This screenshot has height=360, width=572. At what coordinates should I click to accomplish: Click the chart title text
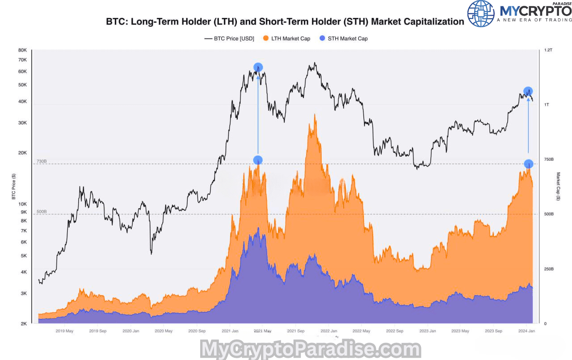tap(285, 21)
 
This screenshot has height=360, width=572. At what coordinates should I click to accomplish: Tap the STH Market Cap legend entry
tap(347, 38)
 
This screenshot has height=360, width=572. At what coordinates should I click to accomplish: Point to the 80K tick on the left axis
tap(23, 50)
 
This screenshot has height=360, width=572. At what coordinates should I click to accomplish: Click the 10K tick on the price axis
tap(23, 204)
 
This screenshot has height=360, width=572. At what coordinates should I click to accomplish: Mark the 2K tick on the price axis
tap(24, 323)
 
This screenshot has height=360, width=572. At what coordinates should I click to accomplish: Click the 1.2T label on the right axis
tap(548, 50)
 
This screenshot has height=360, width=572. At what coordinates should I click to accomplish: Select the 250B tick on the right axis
tap(548, 269)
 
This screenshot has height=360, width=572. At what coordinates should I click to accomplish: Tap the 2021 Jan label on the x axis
tap(229, 331)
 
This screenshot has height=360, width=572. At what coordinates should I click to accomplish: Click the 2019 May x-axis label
tap(65, 331)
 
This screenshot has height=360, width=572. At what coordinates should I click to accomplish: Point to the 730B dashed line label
tap(42, 161)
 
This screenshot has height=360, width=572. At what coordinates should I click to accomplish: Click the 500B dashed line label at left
tap(42, 212)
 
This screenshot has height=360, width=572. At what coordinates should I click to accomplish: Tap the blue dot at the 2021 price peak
tap(258, 67)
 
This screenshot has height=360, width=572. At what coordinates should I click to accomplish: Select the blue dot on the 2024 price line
tap(528, 91)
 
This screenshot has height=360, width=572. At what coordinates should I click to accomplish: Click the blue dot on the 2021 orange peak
tap(257, 160)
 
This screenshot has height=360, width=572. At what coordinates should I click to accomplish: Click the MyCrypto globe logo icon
tap(481, 13)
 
